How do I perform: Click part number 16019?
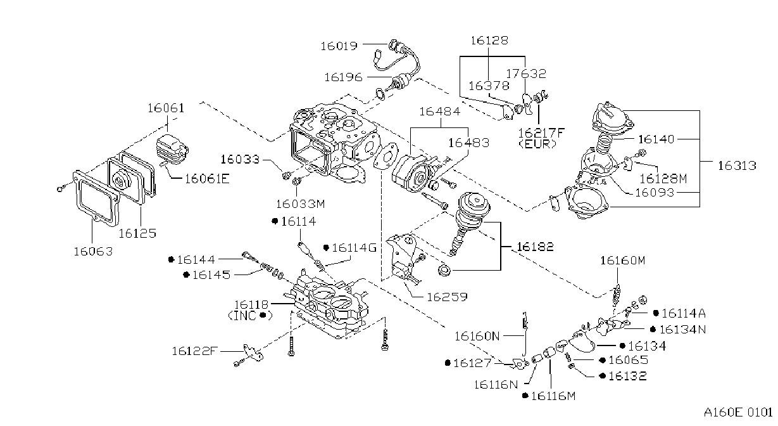(339, 46)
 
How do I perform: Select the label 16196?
(343, 77)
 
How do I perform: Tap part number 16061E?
(207, 179)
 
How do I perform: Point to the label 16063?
(93, 251)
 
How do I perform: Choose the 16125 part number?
(137, 233)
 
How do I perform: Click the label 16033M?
(301, 203)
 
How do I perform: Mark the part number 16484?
(440, 112)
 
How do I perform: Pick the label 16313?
(737, 165)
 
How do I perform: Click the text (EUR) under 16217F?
(537, 144)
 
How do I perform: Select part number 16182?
(535, 247)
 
